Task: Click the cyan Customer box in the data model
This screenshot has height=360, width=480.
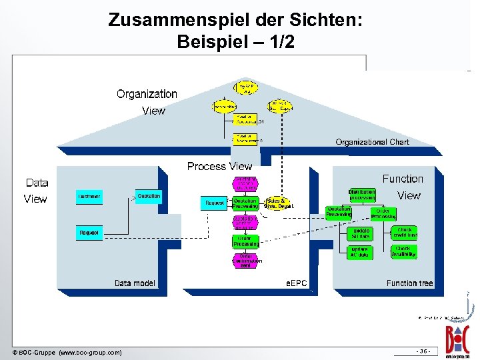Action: pyautogui.click(x=89, y=197)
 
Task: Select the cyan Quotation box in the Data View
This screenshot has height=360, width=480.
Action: pyautogui.click(x=148, y=196)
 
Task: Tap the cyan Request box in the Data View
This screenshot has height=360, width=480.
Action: pyautogui.click(x=89, y=233)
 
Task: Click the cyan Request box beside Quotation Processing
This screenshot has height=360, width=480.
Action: pyautogui.click(x=215, y=203)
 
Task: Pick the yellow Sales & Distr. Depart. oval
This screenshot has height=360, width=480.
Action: pyautogui.click(x=278, y=203)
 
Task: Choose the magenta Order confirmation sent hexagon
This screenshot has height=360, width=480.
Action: pyautogui.click(x=245, y=261)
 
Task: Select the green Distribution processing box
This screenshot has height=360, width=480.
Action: pyautogui.click(x=362, y=195)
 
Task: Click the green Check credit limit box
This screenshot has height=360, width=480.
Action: pyautogui.click(x=405, y=233)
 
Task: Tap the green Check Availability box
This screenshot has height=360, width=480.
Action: pyautogui.click(x=405, y=251)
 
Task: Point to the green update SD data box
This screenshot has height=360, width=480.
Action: pyautogui.click(x=361, y=233)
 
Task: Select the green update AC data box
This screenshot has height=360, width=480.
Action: pyautogui.click(x=361, y=251)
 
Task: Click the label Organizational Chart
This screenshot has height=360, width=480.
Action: pyautogui.click(x=372, y=142)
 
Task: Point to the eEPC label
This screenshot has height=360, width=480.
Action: pyautogui.click(x=297, y=283)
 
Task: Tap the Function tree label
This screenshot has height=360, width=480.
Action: pyautogui.click(x=409, y=283)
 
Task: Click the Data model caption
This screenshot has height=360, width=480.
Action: pyautogui.click(x=135, y=283)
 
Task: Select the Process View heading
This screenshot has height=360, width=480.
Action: pyautogui.click(x=219, y=166)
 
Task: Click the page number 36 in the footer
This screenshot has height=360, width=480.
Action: pyautogui.click(x=423, y=351)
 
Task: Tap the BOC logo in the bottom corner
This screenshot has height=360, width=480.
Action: pyautogui.click(x=459, y=337)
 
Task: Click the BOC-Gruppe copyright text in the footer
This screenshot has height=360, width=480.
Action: pyautogui.click(x=67, y=352)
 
